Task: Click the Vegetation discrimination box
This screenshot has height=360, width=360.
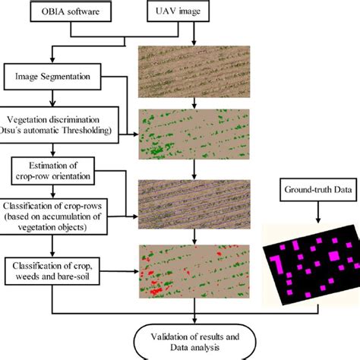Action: tap(59, 125)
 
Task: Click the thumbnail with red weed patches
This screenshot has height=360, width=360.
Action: tap(195, 270)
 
